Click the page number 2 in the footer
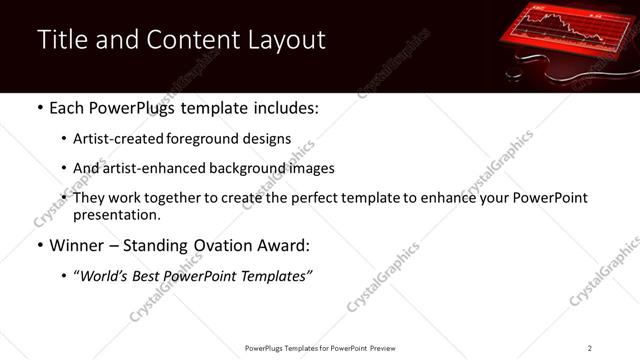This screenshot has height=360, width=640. click(x=590, y=348)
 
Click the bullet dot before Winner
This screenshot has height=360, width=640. click(x=39, y=246)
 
